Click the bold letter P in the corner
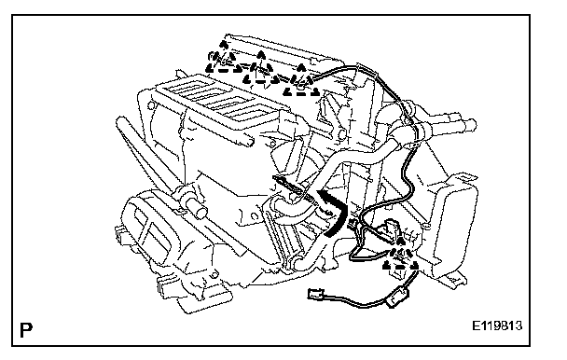point(26,329)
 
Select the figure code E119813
point(497,326)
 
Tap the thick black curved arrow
point(335,213)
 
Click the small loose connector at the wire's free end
point(315,294)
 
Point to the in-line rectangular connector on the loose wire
point(396,297)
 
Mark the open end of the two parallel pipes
point(472,124)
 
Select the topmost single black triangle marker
point(224,45)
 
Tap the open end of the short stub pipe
point(200,212)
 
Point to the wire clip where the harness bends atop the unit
point(364,70)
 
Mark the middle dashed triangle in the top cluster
point(261,73)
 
